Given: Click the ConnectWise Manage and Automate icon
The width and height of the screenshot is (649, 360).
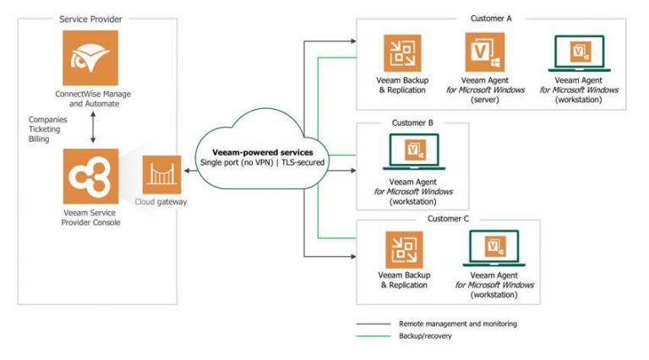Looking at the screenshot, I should point(90,57).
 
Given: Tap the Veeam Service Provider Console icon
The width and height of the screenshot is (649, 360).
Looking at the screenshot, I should point(90,175).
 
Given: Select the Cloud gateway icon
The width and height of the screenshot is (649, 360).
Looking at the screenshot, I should point(161,175).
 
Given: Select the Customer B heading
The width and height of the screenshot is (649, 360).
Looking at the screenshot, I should point(412,123).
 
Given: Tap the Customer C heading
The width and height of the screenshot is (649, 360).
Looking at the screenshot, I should point(448,219).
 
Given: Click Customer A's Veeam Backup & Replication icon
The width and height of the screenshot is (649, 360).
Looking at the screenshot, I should point(402,53).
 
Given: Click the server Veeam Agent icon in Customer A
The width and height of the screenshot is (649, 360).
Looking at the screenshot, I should point(484,53).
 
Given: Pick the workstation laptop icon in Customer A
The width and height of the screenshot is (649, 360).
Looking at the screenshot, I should point(579,53).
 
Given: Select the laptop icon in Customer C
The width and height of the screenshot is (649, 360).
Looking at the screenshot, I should point(494,249).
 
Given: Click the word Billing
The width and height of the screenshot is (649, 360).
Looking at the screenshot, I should point(39,139).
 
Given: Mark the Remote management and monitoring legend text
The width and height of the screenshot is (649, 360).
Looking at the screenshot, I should point(457,324).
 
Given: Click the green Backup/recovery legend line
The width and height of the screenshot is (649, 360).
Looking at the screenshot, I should point(373,336).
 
